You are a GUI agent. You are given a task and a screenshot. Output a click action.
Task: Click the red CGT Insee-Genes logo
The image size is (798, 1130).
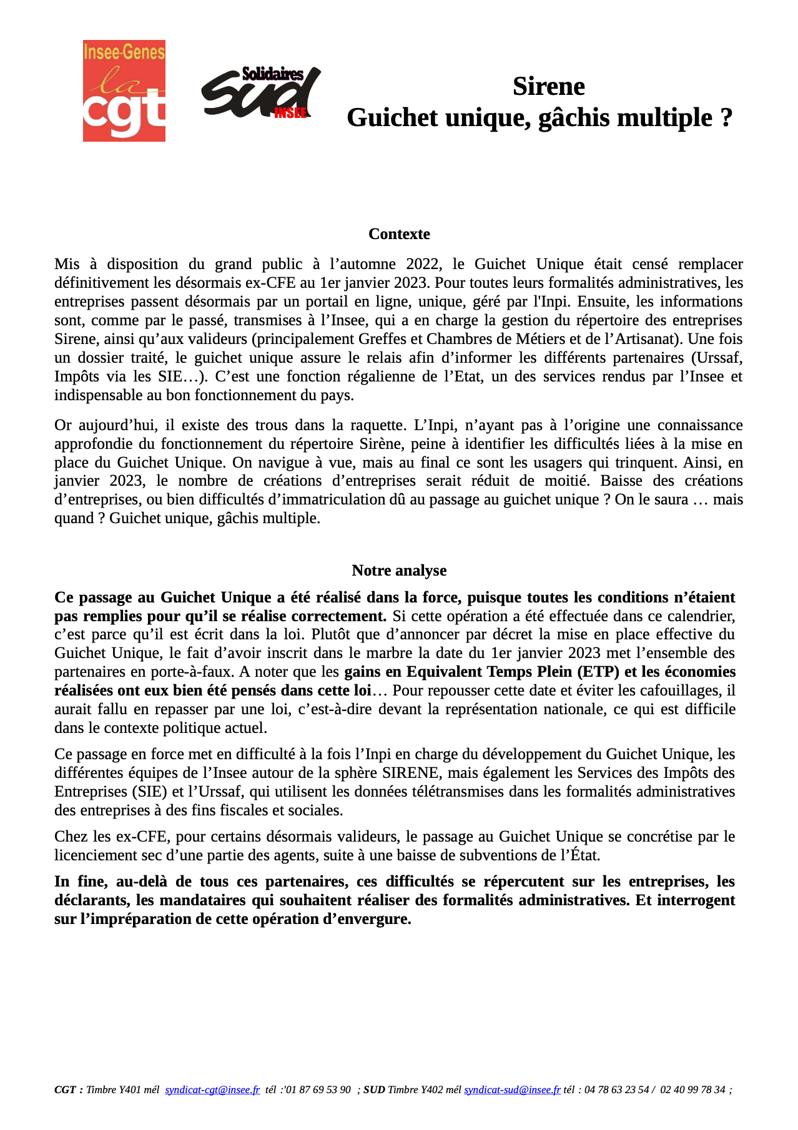(x=124, y=91)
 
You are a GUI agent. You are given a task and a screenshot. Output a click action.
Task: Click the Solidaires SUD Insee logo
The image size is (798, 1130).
(x=260, y=93)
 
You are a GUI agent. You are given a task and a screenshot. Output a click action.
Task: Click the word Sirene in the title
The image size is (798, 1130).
(x=548, y=86)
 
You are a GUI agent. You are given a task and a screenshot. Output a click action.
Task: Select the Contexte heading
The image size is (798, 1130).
(x=399, y=234)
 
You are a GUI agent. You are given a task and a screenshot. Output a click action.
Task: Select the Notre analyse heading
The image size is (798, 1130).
(x=399, y=571)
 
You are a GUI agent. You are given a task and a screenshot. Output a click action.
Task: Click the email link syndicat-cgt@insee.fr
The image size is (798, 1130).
(x=212, y=1090)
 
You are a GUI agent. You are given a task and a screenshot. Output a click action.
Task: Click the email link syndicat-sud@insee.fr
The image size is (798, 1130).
(x=512, y=1090)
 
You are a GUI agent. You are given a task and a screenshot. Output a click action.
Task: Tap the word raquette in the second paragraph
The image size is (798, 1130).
(x=375, y=425)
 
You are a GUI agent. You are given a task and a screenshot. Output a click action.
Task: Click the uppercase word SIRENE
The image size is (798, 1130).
(x=412, y=773)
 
